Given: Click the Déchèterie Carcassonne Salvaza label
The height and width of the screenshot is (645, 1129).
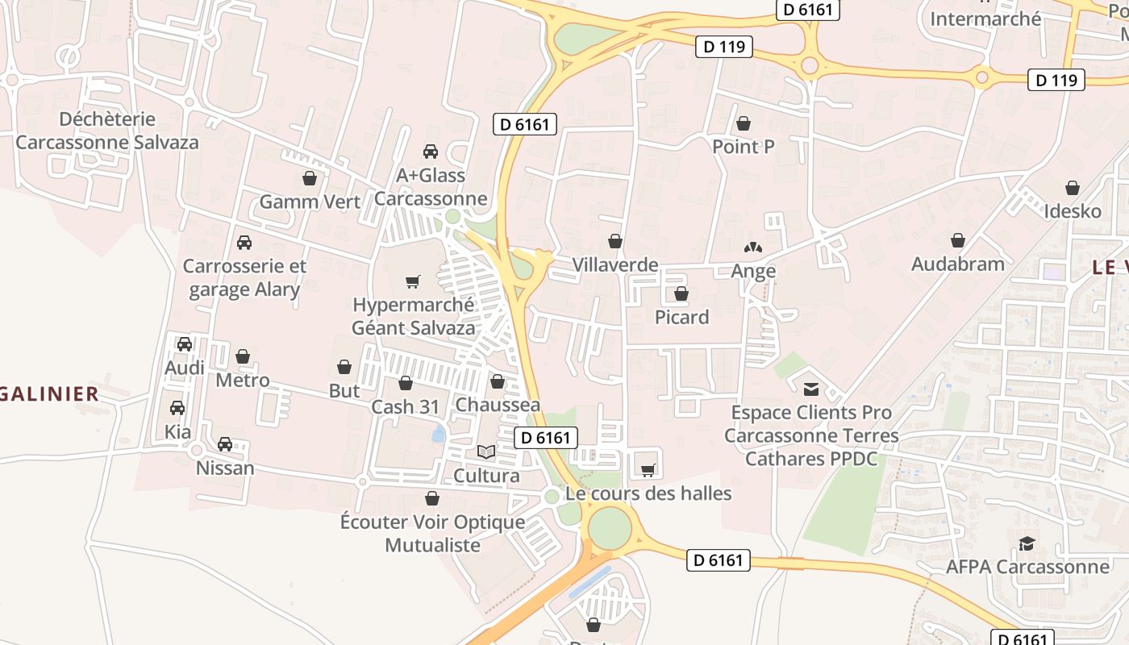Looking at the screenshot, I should tap(107, 131).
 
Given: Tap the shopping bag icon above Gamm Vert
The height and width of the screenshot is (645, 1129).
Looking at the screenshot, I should tap(310, 178).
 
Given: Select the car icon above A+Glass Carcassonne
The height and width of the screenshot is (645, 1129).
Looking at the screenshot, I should tap(431, 152).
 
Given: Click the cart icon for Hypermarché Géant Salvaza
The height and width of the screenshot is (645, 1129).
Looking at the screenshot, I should tap(413, 281).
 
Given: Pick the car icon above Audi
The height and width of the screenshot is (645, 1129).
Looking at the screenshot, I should tap(185, 343).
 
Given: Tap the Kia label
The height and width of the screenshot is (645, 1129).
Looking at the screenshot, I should tap(178, 431).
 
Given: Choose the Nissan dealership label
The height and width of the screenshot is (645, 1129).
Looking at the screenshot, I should tap(225, 468).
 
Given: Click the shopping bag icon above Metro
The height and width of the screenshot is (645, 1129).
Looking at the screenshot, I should tap(243, 356).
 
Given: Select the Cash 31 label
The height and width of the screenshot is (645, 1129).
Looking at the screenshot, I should tap(405, 406).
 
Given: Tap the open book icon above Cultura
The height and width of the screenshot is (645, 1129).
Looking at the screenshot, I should tap(486, 451).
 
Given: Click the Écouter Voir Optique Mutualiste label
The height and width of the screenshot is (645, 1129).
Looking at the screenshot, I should tap(432, 533).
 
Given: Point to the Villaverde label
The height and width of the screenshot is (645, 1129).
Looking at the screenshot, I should tap(615, 264).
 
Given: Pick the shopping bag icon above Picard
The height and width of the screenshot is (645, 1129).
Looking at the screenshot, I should tap(681, 293).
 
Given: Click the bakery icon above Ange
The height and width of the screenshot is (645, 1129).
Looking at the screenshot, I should tap(752, 248).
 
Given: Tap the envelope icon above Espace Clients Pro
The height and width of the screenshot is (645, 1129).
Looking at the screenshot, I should tap(811, 389).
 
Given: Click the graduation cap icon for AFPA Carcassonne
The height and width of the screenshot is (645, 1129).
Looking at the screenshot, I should tap(1027, 543).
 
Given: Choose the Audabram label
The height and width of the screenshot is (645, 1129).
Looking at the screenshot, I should tap(958, 264).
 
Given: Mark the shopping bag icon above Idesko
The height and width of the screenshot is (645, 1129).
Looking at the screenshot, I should tap(1073, 188).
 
